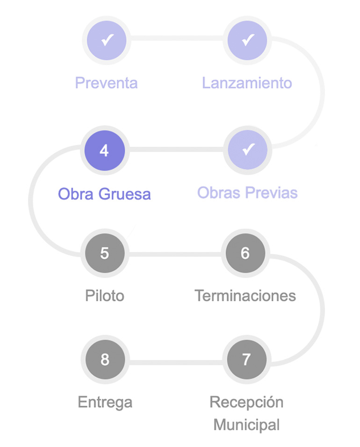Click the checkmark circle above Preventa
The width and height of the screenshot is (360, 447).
tap(107, 40)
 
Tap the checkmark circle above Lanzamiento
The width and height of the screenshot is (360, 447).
tap(247, 40)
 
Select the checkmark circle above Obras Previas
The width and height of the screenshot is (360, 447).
tap(247, 150)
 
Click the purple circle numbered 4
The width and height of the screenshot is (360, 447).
tap(104, 151)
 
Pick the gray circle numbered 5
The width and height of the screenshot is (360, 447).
tap(104, 253)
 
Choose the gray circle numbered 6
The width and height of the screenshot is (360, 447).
tap(245, 253)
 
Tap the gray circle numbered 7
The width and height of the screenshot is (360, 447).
tap(246, 360)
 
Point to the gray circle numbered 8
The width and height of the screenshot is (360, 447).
tap(104, 360)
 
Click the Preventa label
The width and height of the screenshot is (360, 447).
tap(107, 83)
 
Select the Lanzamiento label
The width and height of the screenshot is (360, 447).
tap(247, 83)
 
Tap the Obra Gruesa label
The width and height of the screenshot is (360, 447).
tap(104, 194)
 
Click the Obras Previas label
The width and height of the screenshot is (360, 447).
tap(247, 193)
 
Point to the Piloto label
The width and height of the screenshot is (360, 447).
tap(105, 296)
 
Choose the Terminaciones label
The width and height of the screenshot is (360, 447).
tap(245, 296)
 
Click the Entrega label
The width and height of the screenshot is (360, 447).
tap(105, 402)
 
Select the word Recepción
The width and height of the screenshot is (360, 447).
tap(246, 402)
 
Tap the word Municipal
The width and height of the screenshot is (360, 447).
tap(246, 425)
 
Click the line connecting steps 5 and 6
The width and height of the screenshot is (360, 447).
tap(175, 254)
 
